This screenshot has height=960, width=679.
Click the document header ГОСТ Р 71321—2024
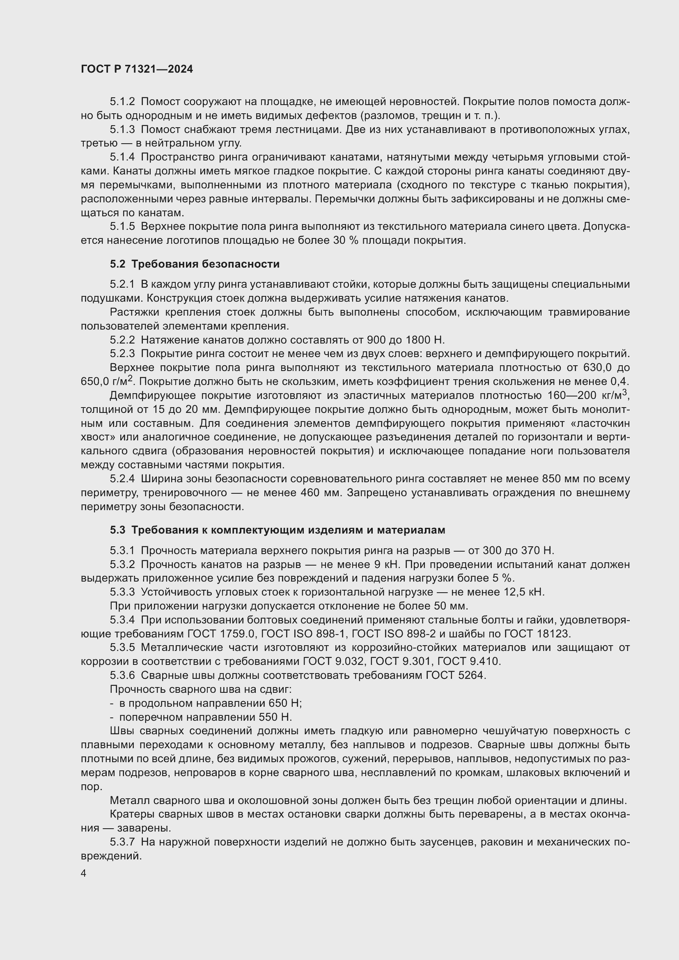click(x=137, y=69)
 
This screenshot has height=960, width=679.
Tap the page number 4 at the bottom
click(x=84, y=873)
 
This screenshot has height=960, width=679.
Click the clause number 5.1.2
click(x=122, y=102)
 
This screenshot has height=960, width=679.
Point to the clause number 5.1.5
click(x=122, y=227)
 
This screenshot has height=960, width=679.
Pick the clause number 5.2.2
click(x=122, y=340)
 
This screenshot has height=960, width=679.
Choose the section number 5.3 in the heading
click(x=117, y=530)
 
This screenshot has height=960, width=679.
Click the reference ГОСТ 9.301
click(x=398, y=662)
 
